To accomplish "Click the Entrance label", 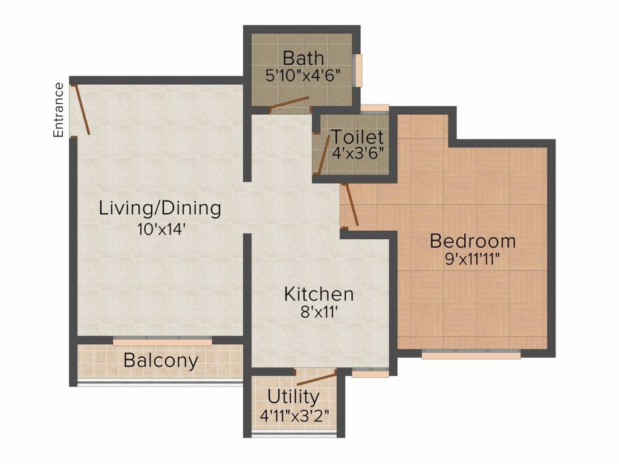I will (x=59, y=110).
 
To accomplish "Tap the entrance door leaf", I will (x=81, y=110).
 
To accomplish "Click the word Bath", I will (x=303, y=59).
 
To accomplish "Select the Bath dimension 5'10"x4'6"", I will (x=303, y=76).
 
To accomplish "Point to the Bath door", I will (x=289, y=104).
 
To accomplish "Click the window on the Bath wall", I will (x=358, y=70).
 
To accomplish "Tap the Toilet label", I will (x=357, y=137).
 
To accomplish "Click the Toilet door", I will (x=323, y=155).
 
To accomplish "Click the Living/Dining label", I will (x=160, y=208).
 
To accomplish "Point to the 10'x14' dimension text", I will (x=160, y=229).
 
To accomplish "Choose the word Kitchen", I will (x=319, y=294).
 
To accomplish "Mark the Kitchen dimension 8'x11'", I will (x=319, y=314).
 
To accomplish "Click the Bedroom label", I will (x=473, y=241).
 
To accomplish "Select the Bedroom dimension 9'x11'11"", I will (x=473, y=259).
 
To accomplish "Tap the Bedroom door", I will (x=351, y=205).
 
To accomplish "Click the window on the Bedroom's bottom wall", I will (x=471, y=354).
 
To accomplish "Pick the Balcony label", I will (x=161, y=361).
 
